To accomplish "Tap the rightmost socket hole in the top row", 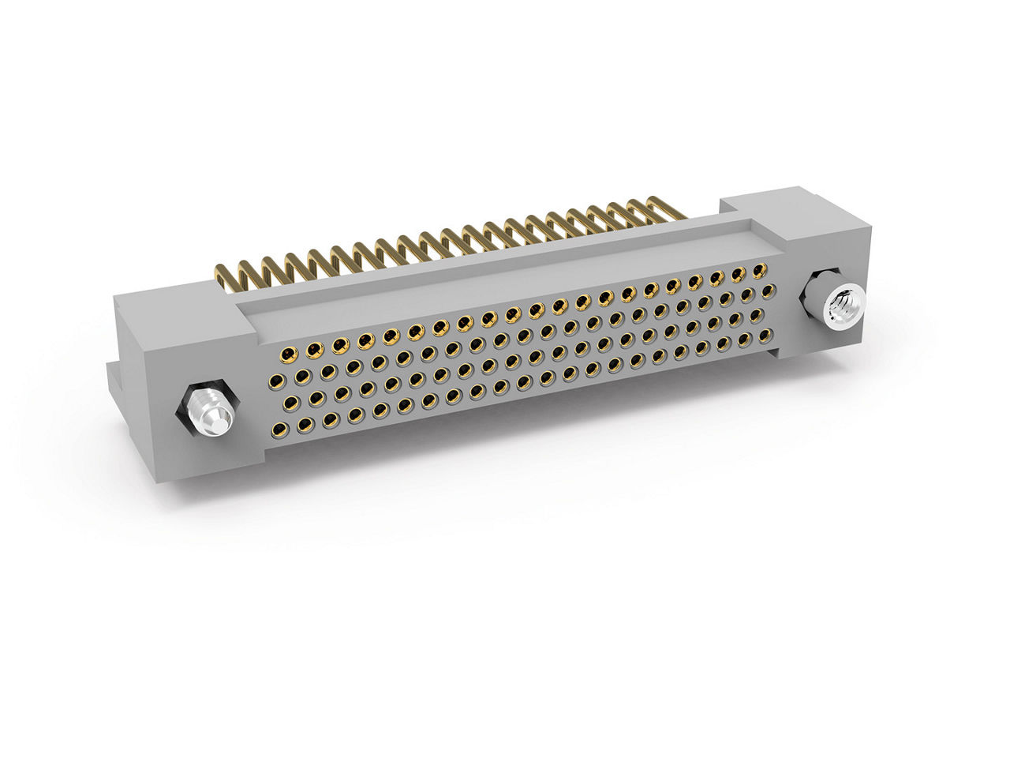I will (759, 271).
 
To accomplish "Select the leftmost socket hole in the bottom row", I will (279, 430).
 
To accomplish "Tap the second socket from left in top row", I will (315, 347).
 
